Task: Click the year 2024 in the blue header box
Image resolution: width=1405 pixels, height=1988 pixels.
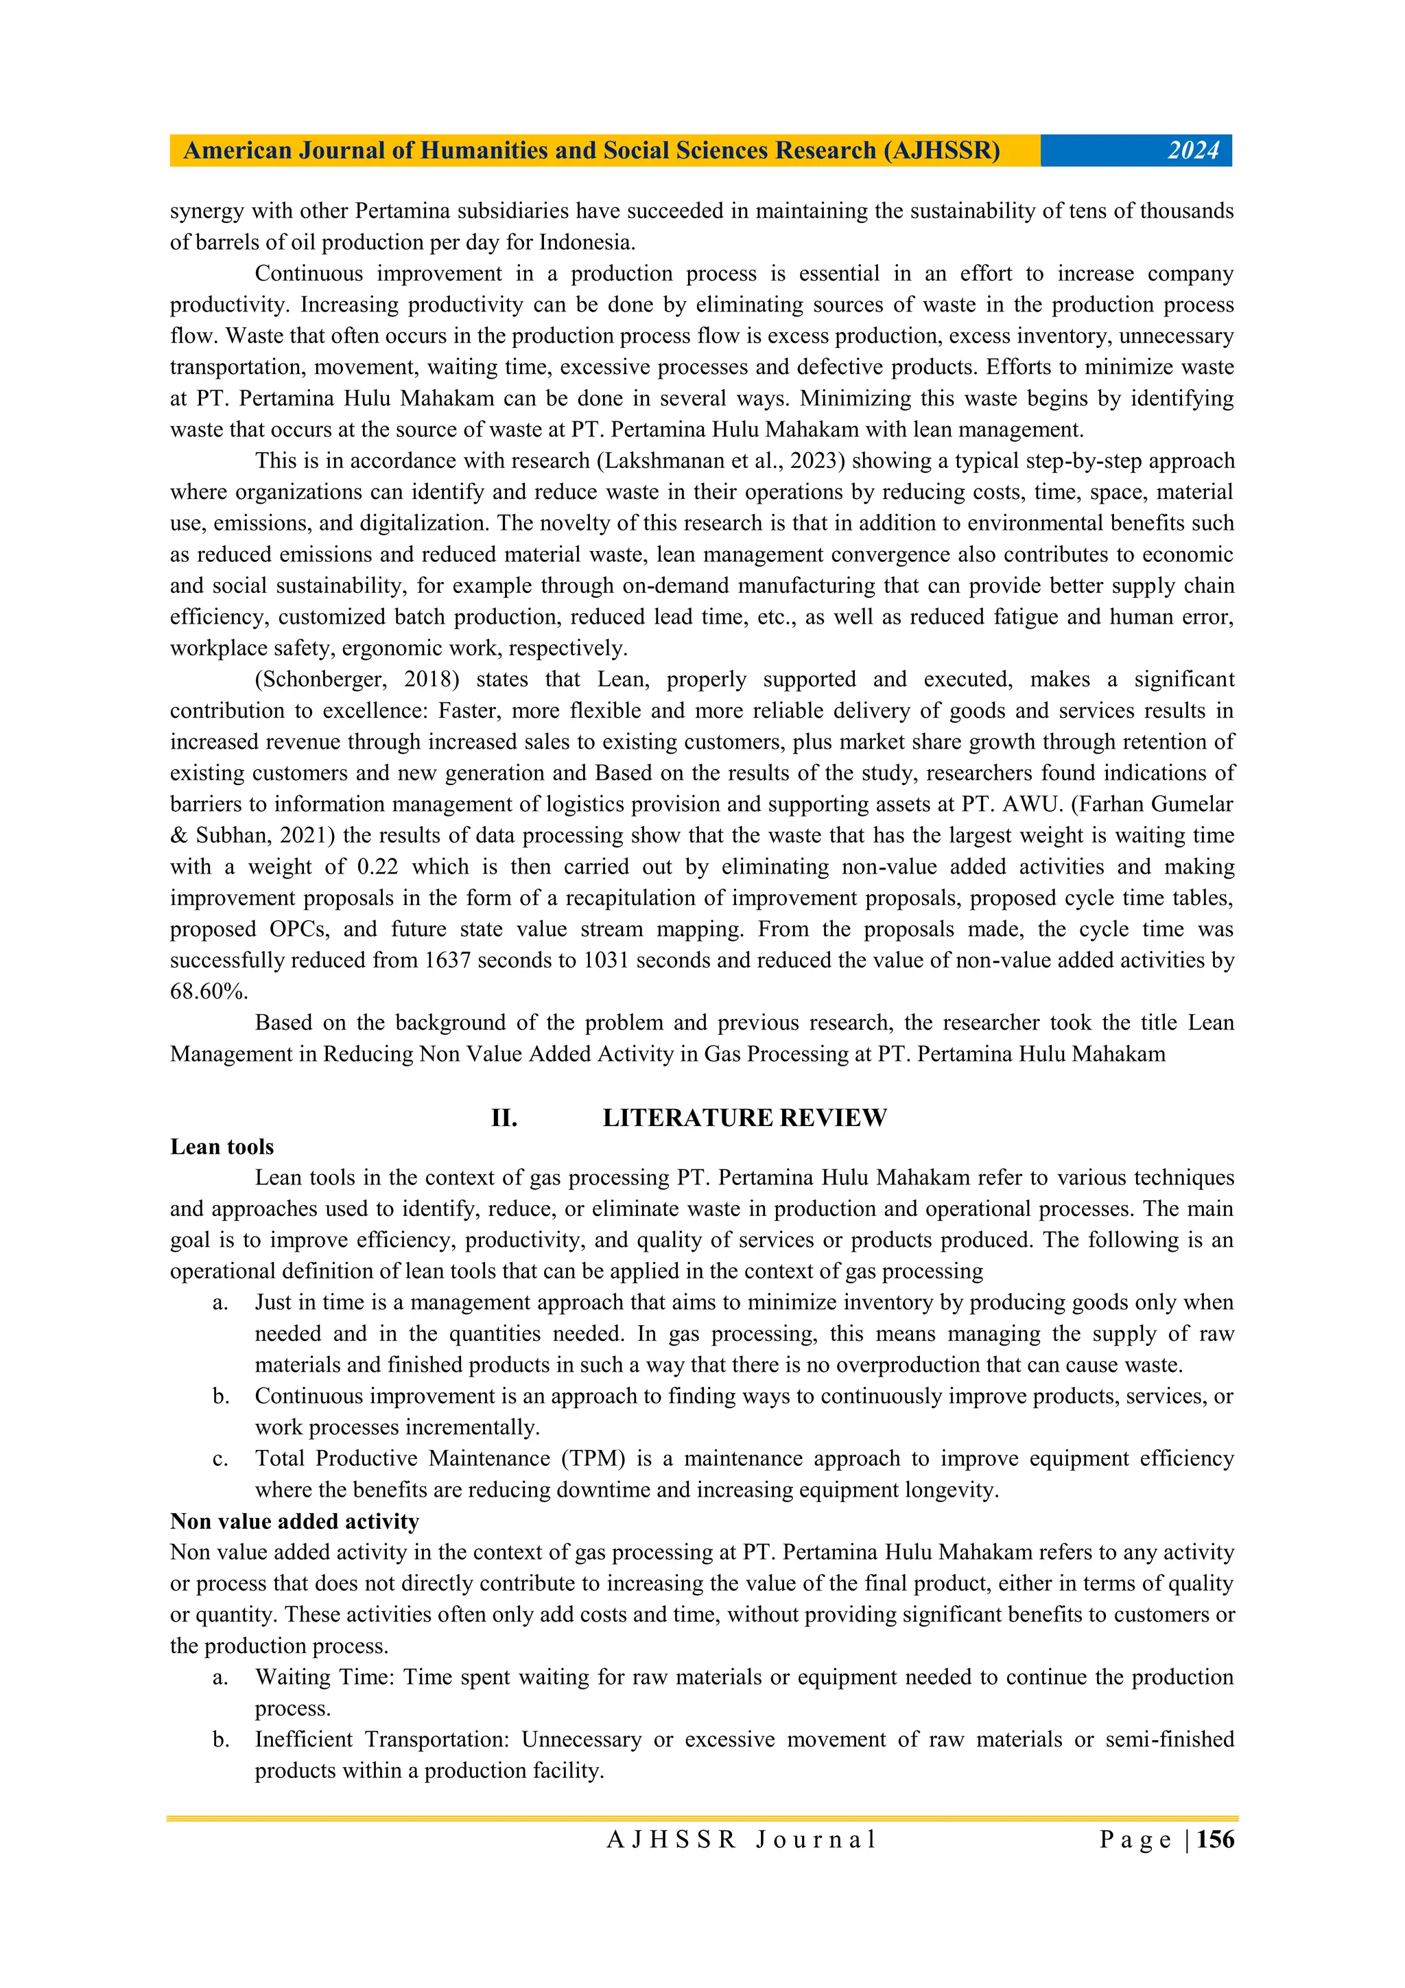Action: click(1192, 151)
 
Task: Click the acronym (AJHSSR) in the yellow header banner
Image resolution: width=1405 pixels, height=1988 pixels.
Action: click(941, 151)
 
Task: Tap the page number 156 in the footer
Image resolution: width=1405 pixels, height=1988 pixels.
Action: click(1216, 1839)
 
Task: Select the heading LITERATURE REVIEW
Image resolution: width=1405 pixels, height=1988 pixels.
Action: click(744, 1118)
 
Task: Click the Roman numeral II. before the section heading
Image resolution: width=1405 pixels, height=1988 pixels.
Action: click(504, 1118)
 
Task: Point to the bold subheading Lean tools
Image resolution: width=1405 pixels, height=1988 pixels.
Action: click(222, 1147)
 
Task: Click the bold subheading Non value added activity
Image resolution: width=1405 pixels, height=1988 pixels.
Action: click(294, 1521)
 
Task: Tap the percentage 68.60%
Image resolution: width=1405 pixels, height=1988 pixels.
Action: click(209, 992)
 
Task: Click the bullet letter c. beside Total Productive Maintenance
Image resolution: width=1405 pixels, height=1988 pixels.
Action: click(220, 1459)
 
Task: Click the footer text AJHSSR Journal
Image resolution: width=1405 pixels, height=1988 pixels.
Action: click(741, 1840)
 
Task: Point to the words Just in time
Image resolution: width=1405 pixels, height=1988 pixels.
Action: click(307, 1302)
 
